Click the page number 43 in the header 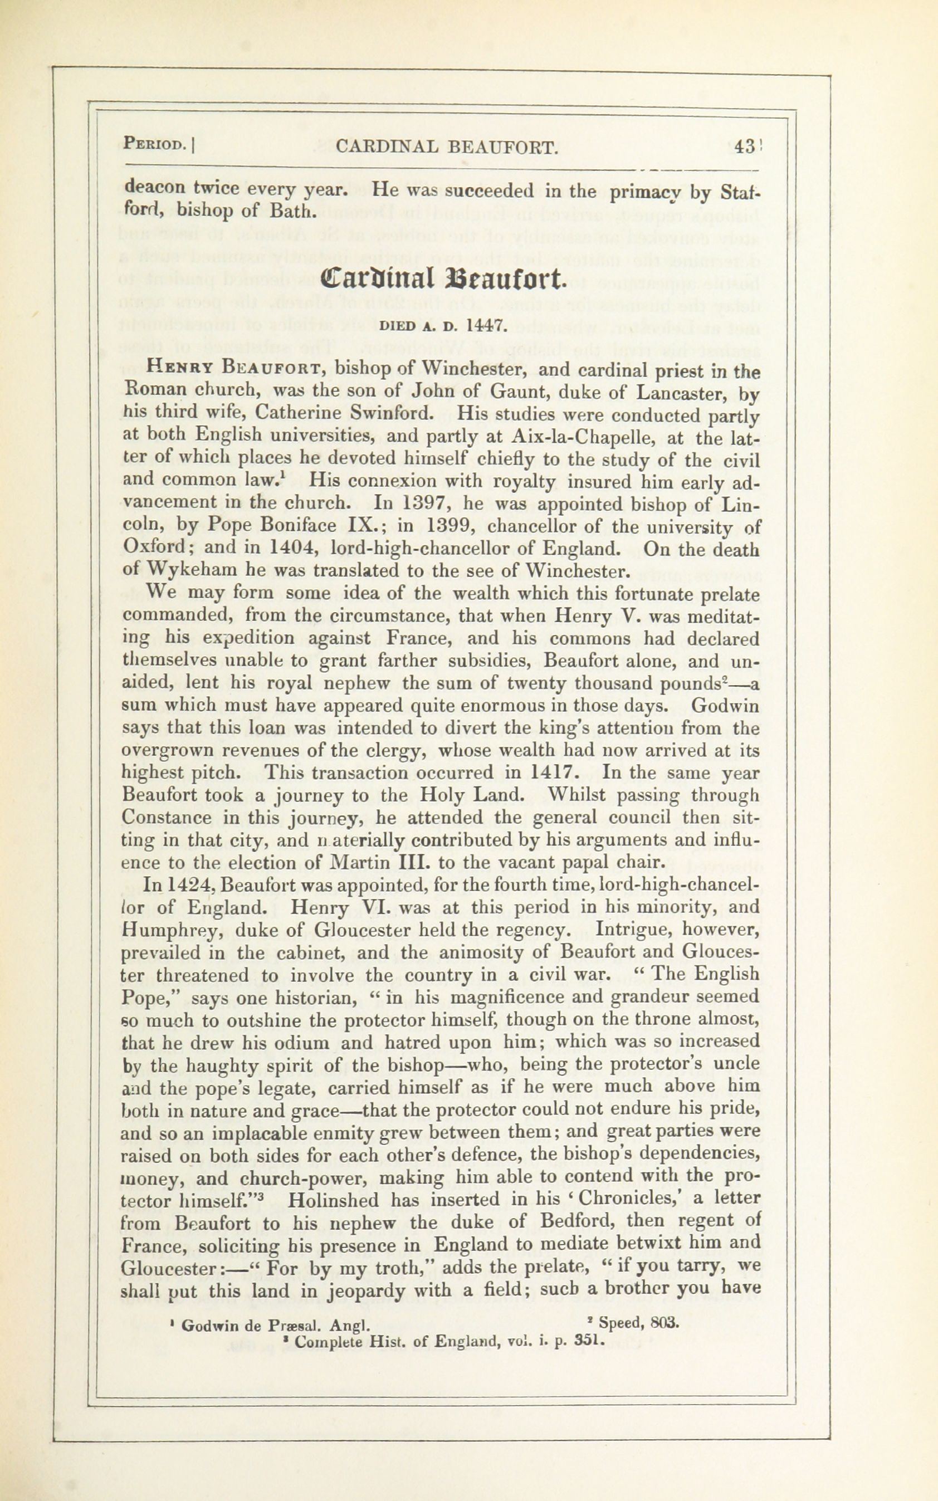tap(743, 147)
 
